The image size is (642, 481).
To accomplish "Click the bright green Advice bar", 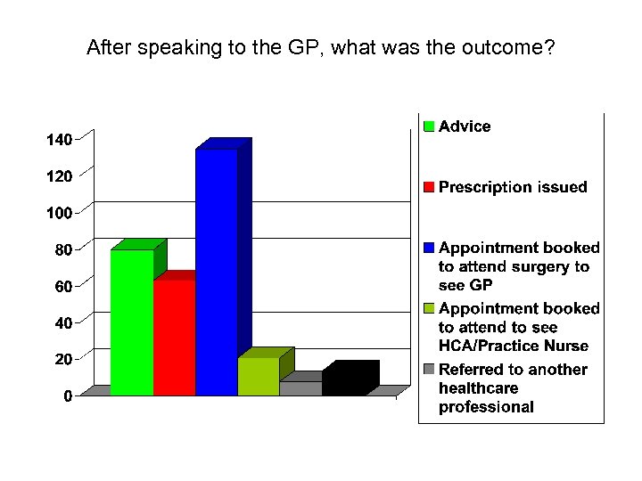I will click(x=132, y=322).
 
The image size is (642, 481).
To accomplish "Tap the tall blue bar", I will click(x=217, y=272).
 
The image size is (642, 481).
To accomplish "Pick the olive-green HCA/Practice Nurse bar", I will click(x=258, y=376).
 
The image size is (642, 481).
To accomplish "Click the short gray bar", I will click(x=300, y=388).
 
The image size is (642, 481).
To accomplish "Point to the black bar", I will click(x=343, y=381).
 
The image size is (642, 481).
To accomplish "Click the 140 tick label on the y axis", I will click(x=59, y=140).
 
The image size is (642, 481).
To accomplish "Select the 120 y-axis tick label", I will click(x=59, y=176).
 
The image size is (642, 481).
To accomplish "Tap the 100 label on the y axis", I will click(x=59, y=214).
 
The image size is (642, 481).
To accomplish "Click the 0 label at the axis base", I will click(x=68, y=396).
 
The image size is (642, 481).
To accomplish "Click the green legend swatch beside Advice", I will click(x=428, y=126).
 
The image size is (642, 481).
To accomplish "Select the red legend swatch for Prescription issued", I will click(x=428, y=187).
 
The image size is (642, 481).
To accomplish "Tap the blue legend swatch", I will click(x=428, y=248).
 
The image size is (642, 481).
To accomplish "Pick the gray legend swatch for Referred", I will click(x=428, y=370).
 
